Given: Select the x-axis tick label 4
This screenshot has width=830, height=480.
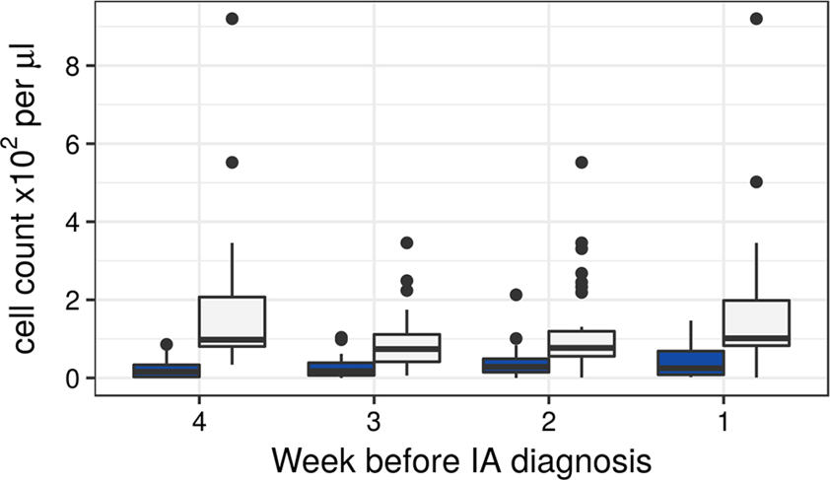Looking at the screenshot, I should [x=199, y=418].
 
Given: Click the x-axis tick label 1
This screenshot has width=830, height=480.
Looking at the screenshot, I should [x=723, y=418].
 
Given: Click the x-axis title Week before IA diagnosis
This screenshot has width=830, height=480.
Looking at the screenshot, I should [x=460, y=458].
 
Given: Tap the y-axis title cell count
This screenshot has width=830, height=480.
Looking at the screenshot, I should [x=28, y=197].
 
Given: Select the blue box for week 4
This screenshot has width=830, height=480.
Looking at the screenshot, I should [x=167, y=371].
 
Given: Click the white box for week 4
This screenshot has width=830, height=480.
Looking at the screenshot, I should [x=232, y=321].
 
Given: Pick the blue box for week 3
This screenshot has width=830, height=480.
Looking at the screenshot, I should [x=341, y=369].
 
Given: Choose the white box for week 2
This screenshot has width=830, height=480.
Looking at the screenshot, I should [x=581, y=343].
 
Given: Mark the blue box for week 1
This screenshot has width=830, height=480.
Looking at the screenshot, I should [x=690, y=363].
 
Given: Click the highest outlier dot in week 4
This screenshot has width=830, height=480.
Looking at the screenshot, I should [x=232, y=19].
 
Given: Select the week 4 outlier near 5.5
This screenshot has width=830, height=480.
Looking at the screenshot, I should [x=232, y=163].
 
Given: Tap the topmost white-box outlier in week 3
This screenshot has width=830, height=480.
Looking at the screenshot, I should [x=406, y=242].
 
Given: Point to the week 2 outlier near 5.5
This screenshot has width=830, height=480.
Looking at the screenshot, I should [x=581, y=163].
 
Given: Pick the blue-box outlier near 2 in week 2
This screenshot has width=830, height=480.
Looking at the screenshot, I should [x=516, y=295].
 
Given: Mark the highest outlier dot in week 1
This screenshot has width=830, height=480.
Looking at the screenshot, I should [x=755, y=19].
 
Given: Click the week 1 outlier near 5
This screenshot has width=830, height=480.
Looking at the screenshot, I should [x=755, y=182].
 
